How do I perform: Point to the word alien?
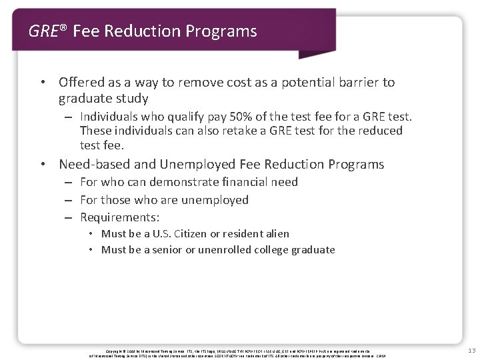[x=276, y=233]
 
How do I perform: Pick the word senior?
[x=172, y=250]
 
